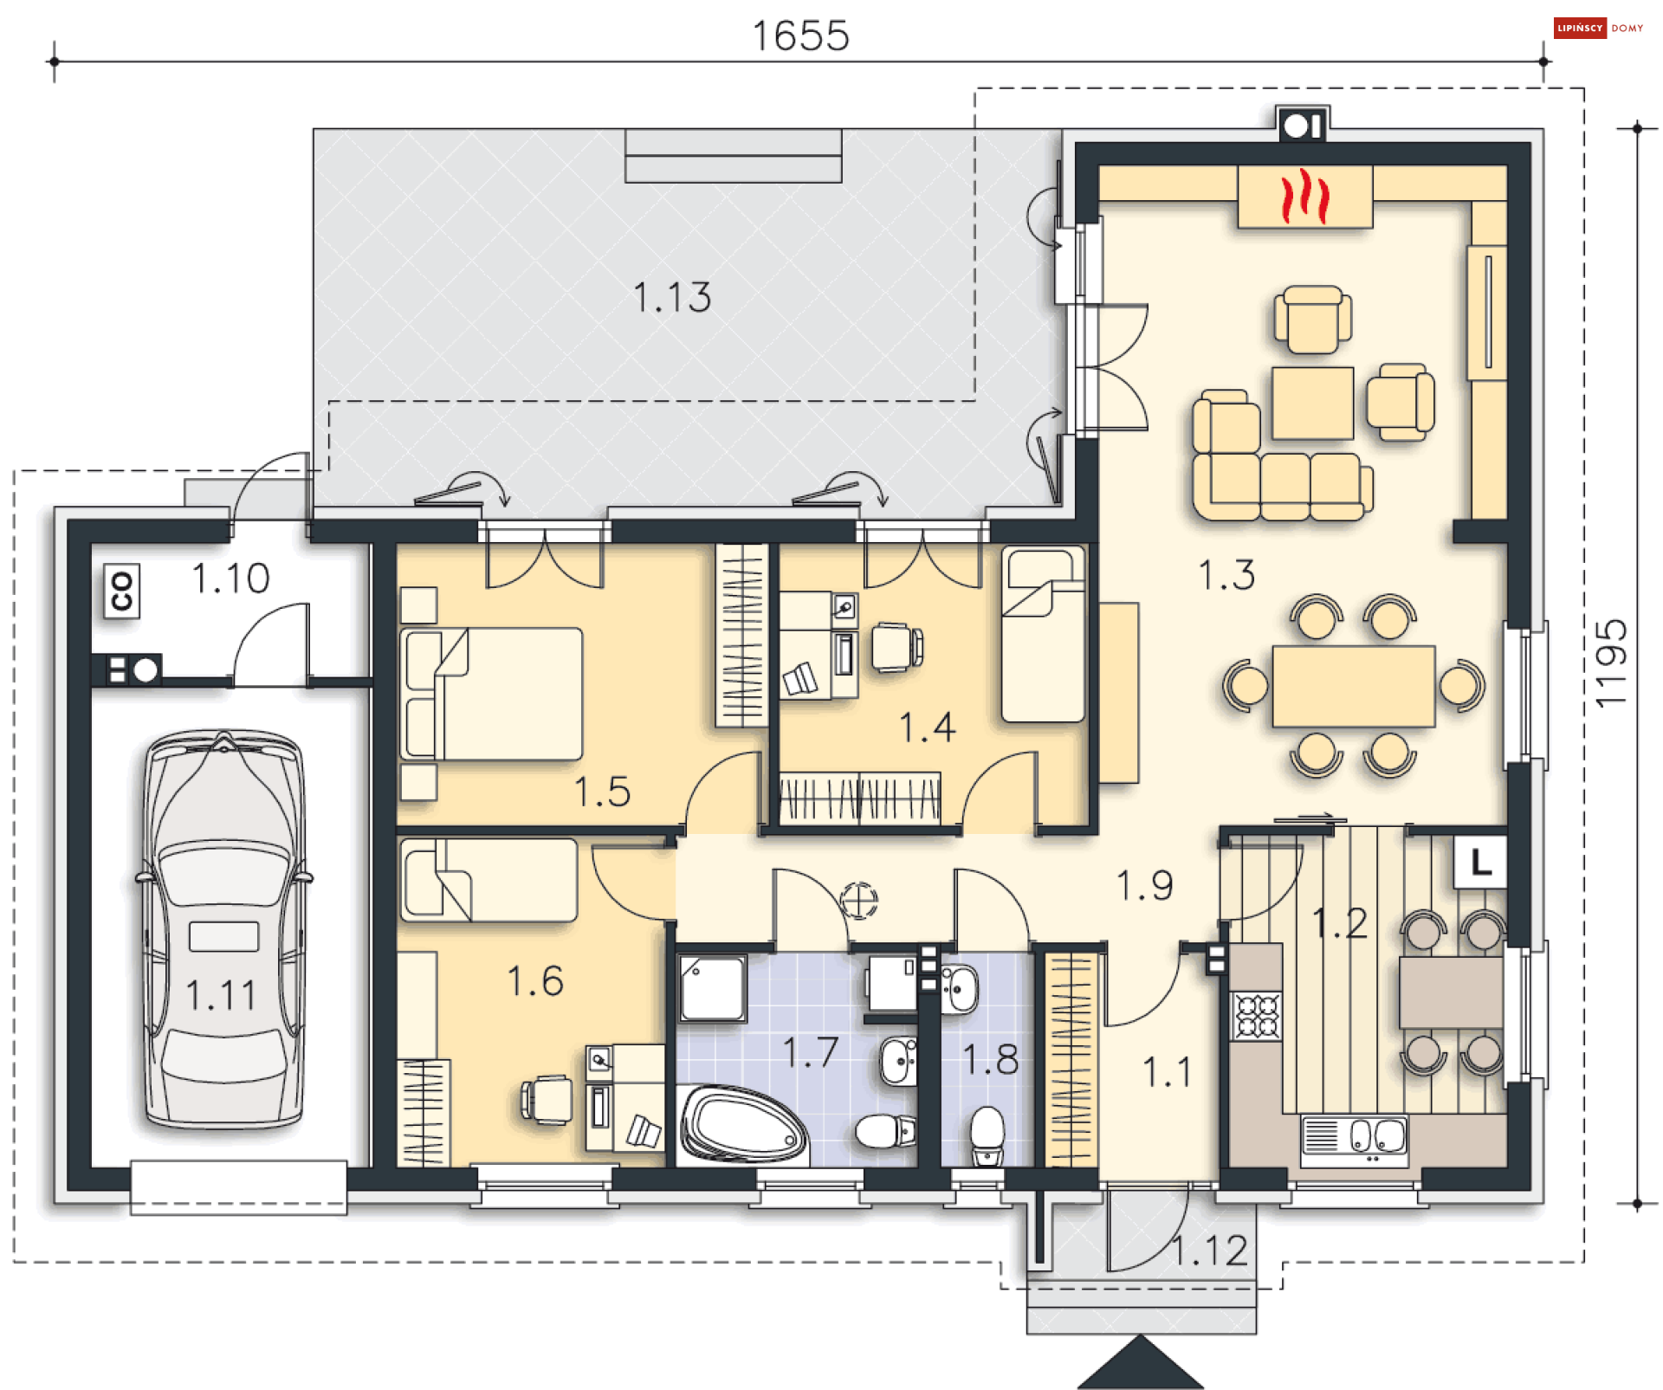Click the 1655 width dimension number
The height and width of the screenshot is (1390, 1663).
click(800, 36)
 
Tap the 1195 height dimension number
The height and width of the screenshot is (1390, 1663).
click(1611, 663)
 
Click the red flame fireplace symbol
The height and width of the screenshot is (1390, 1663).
click(1304, 197)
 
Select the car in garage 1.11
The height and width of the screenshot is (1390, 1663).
click(224, 930)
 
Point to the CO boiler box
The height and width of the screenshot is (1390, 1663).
click(121, 591)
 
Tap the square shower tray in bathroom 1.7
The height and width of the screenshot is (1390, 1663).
click(712, 988)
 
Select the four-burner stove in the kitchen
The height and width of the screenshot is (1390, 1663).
click(1257, 1016)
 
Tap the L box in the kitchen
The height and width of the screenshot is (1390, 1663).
click(1480, 862)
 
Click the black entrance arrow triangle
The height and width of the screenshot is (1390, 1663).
click(1141, 1362)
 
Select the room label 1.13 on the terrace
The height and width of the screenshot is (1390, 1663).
click(672, 297)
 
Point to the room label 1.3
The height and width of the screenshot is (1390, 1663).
click(1226, 574)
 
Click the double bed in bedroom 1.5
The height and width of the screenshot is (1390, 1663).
click(491, 694)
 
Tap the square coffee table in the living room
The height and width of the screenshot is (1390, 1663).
click(1312, 403)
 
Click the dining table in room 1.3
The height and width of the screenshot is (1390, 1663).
click(1354, 686)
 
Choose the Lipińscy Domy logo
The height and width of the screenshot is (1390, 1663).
click(1598, 28)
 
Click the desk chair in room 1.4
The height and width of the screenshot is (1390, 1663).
click(896, 647)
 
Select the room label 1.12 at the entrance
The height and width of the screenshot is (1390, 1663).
click(1209, 1251)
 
